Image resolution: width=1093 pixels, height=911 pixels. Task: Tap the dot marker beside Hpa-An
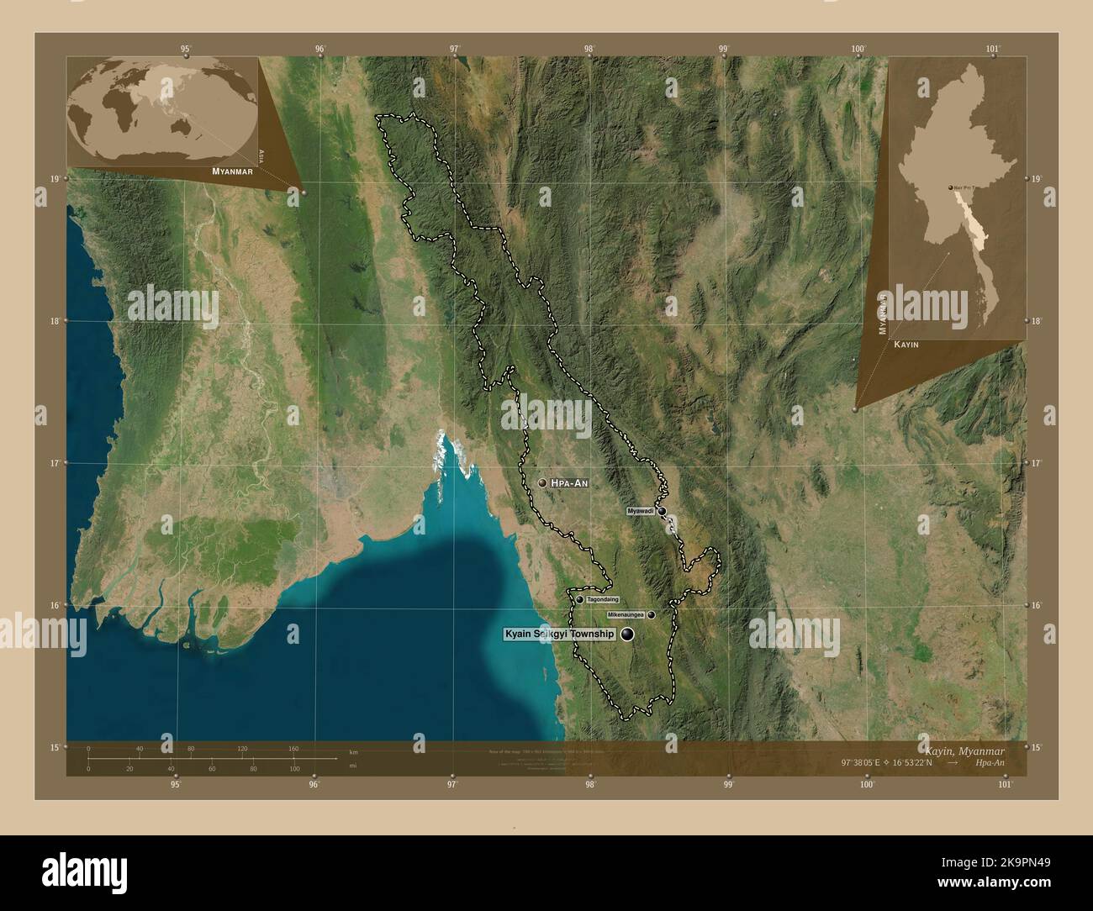coord(542,483)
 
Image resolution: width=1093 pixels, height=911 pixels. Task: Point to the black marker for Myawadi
coord(662,511)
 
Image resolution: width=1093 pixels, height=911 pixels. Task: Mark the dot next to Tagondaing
coord(580,599)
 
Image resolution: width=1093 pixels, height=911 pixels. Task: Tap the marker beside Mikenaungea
coord(651,615)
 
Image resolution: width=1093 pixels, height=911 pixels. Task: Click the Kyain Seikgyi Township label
coord(559,635)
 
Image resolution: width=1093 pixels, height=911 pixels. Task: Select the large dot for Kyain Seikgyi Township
coord(627,635)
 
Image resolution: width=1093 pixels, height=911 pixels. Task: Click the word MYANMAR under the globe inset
coord(233,171)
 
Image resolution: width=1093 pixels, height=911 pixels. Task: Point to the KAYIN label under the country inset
coord(906,345)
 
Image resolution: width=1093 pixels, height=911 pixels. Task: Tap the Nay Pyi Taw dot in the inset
coord(951,188)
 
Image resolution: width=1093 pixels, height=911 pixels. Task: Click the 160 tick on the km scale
coord(293,748)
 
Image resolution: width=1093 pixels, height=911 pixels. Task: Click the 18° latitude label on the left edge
coord(55,321)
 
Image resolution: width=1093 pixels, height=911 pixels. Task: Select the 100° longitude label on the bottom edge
coord(867,785)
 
